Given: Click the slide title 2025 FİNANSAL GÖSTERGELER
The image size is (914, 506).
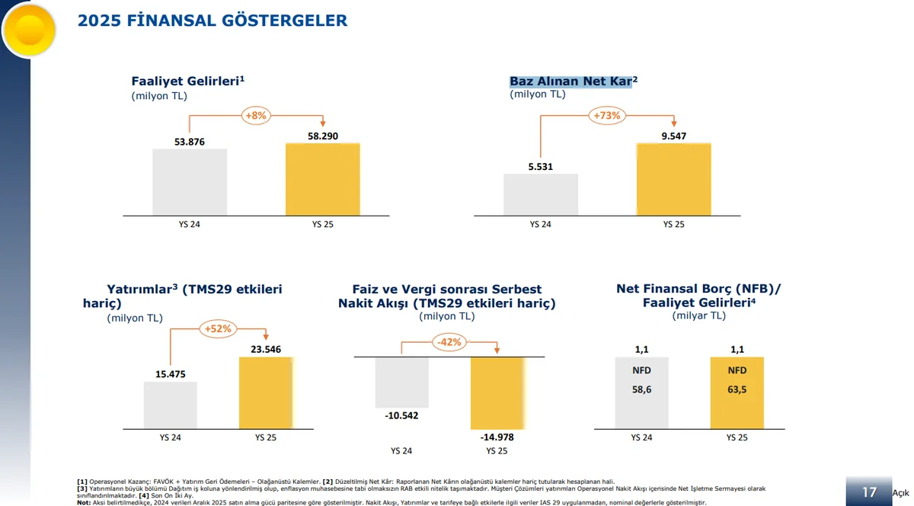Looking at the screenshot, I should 213,21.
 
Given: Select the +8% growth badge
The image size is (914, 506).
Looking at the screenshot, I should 255,116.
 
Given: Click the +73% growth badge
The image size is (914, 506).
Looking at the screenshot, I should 606,116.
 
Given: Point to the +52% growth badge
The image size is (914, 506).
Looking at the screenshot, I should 217,328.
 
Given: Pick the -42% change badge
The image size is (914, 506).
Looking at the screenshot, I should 449,342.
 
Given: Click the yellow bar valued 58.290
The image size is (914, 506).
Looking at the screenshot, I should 322,179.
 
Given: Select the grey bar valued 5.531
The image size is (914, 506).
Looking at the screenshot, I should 540,194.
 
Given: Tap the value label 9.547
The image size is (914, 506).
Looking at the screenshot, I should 673,136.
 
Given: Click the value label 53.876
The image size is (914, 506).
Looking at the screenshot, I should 190,142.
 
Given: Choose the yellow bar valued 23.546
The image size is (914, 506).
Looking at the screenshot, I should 265,393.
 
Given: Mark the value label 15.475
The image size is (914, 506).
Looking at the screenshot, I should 171,374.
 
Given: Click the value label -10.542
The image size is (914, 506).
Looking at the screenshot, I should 401,415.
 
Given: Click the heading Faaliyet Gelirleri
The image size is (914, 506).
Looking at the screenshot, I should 187,81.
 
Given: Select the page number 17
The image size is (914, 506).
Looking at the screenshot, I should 868,492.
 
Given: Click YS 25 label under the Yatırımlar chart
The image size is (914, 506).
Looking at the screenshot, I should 265,438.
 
